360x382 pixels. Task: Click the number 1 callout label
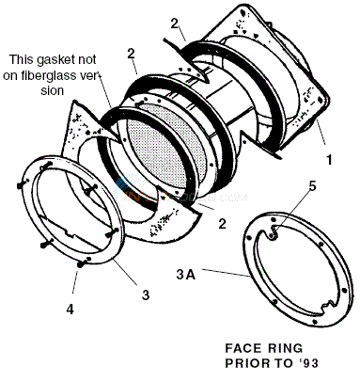tap(327, 161)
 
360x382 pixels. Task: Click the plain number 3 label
tap(144, 294)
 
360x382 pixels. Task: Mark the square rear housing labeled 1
tap(282, 85)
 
